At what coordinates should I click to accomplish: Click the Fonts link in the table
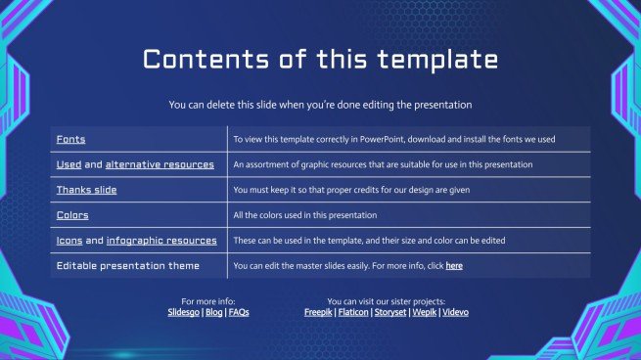(x=70, y=139)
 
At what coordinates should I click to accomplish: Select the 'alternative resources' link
(x=160, y=164)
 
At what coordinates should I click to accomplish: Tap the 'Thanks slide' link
(x=88, y=190)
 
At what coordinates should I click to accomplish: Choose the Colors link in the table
(x=72, y=215)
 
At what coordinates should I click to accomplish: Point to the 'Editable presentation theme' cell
(x=127, y=266)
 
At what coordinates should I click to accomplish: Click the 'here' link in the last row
(x=454, y=266)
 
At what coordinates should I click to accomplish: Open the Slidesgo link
(x=184, y=312)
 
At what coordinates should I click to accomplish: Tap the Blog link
(x=214, y=312)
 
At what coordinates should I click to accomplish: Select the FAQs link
(x=239, y=312)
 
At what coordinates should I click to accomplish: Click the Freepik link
(x=319, y=312)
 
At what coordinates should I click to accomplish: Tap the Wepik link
(x=424, y=312)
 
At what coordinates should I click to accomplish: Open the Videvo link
(x=455, y=312)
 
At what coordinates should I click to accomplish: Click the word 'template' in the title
(x=428, y=60)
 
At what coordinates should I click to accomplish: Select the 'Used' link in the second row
(x=69, y=164)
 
